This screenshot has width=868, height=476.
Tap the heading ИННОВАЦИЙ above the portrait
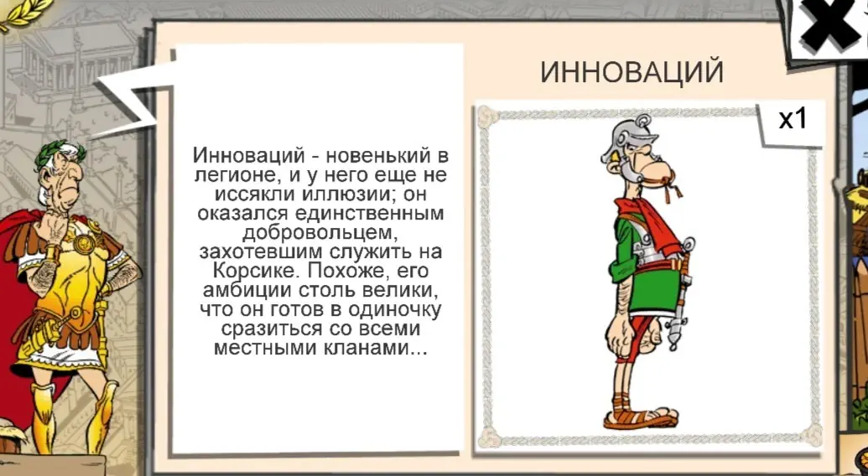pyautogui.click(x=632, y=72)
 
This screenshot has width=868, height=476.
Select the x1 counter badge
pyautogui.click(x=793, y=119)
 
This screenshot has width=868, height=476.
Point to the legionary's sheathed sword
pyautogui.click(x=680, y=293)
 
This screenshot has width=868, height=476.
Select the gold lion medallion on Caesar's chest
pyautogui.click(x=84, y=243)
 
